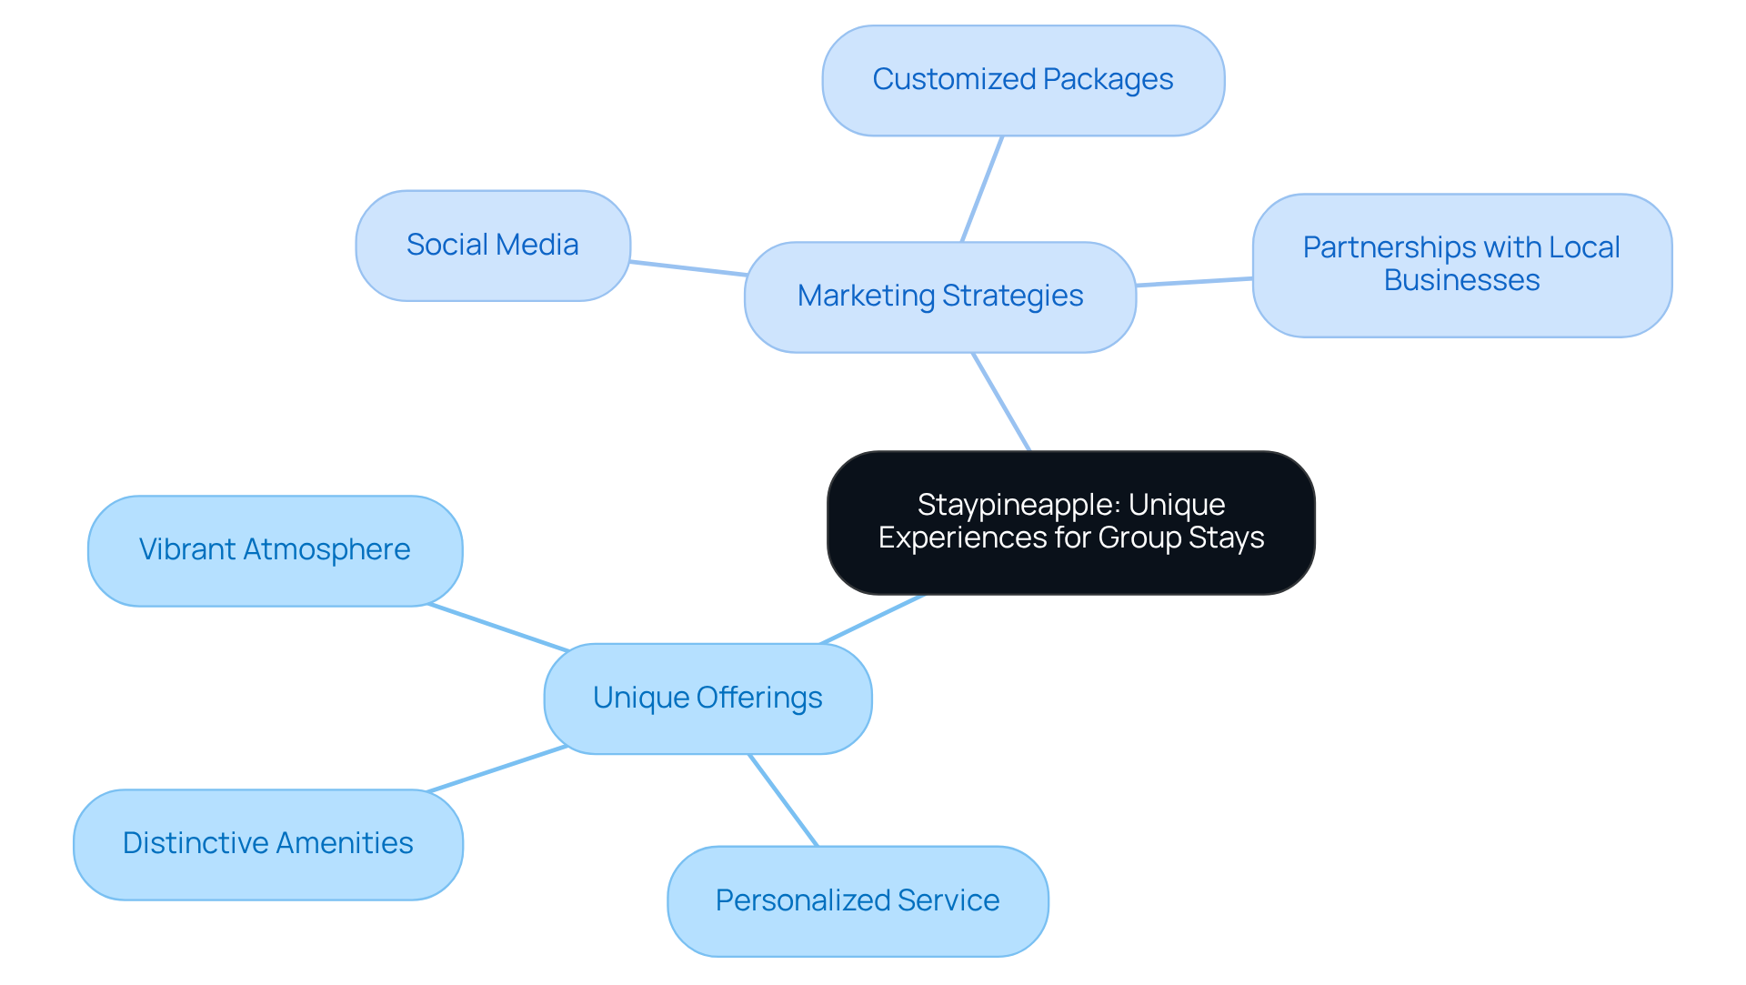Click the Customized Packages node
(x=1023, y=81)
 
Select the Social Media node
(x=493, y=246)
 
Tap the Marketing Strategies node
(x=940, y=297)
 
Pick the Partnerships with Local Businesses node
(x=1461, y=265)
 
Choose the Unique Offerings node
(x=707, y=699)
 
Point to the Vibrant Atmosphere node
(x=275, y=550)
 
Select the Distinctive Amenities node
(x=268, y=844)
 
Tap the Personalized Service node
(x=858, y=900)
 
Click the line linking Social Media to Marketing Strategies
(x=688, y=268)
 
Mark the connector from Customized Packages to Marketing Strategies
(x=982, y=189)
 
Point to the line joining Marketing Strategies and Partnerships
(x=1194, y=282)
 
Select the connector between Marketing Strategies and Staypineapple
(x=1001, y=402)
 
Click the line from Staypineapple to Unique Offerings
(x=873, y=619)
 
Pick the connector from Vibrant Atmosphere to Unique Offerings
(x=498, y=628)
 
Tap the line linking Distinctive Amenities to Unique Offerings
(x=497, y=769)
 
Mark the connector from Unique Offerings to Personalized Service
(x=783, y=800)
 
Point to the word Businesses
(x=1461, y=281)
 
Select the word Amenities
(x=345, y=844)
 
